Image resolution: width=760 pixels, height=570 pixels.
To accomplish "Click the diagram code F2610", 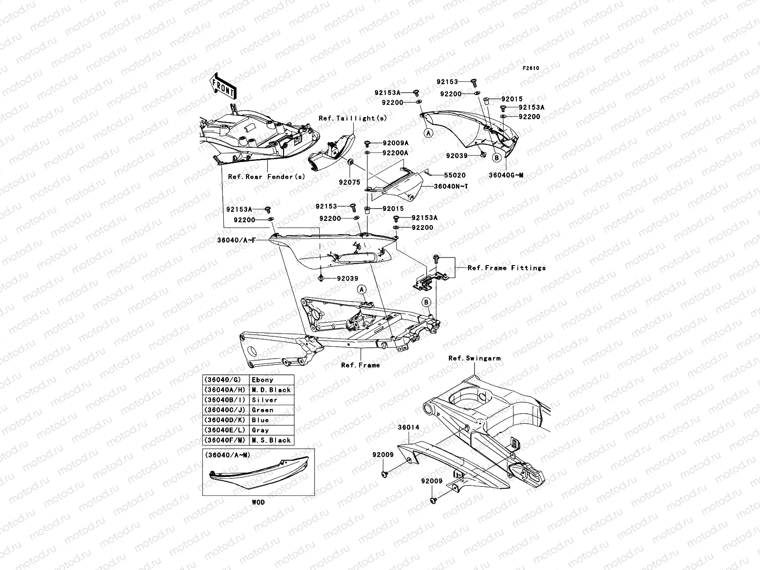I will point(531,68).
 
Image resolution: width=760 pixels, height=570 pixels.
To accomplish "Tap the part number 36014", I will point(408,427).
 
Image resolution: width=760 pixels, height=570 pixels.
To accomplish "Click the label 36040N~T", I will point(451,186).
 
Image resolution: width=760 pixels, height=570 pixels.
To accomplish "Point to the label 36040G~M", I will point(506,175).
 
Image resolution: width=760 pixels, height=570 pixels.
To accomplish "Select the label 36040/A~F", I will point(237,240).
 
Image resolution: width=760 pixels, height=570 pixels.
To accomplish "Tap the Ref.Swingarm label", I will point(474,358).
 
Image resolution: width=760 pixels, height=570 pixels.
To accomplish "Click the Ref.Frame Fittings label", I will point(506,268).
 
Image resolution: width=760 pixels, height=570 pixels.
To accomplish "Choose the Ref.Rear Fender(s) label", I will point(266,177).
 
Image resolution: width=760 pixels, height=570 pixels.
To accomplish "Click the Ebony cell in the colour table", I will point(263,380).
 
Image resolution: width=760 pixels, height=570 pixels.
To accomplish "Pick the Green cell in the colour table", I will point(263,410).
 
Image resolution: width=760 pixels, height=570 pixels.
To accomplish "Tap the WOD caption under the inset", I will point(258,502).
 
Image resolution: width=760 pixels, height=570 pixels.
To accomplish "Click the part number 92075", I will point(349,182).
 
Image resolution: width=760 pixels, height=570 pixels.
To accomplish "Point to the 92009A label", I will point(396,143).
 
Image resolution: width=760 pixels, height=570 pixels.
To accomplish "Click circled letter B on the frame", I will point(426,302).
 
